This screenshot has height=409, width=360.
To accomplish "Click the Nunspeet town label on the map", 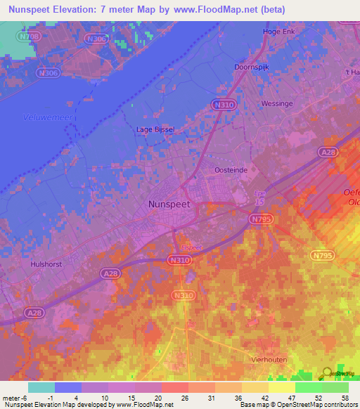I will [170, 204].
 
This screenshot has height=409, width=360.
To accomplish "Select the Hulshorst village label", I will [49, 264].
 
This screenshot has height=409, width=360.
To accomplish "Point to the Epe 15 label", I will [260, 199].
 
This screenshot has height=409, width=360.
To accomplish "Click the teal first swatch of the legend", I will [41, 387].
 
